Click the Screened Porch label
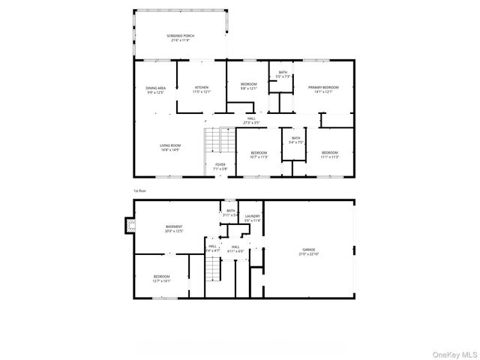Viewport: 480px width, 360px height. click(x=179, y=37)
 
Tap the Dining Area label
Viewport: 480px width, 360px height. click(x=156, y=89)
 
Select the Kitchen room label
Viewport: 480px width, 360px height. click(x=202, y=89)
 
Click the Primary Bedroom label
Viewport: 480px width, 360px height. click(x=323, y=89)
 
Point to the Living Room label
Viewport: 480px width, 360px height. click(x=170, y=147)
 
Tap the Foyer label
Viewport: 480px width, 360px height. click(x=220, y=166)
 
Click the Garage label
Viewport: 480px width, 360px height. click(x=308, y=253)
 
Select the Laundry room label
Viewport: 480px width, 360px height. click(x=252, y=218)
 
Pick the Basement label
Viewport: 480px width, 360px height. click(x=174, y=228)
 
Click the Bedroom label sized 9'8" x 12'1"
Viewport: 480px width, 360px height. click(x=247, y=85)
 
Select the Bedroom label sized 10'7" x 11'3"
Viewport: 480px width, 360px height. click(x=258, y=155)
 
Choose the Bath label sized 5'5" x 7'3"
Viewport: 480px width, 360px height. click(x=283, y=74)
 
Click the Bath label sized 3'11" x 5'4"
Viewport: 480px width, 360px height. click(x=231, y=212)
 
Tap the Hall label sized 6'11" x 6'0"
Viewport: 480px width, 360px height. click(x=235, y=248)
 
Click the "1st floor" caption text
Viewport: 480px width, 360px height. click(x=140, y=190)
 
